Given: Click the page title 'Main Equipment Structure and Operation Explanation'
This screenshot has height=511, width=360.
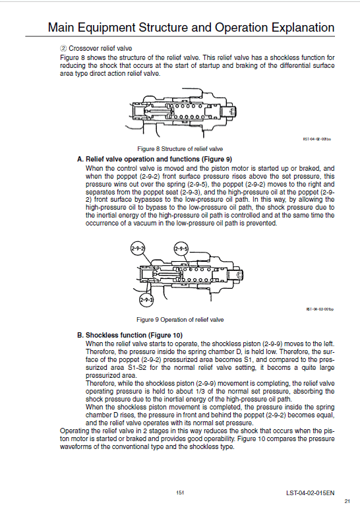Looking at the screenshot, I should [191, 28].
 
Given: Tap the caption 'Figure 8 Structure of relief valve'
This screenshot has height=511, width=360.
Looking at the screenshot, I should [179, 148].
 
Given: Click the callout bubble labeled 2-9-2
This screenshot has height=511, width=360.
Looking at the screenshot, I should [138, 249].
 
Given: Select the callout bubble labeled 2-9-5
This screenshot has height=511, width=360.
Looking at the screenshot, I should [181, 249].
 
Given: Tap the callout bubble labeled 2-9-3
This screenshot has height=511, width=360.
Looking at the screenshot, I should [146, 300].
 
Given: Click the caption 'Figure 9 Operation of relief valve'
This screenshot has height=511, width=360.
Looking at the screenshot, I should [179, 320].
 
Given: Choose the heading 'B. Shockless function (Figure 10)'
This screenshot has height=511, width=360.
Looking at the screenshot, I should [129, 335].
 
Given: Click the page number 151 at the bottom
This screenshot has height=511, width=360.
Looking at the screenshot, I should [179, 492].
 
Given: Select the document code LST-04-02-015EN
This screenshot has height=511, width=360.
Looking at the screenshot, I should [310, 492].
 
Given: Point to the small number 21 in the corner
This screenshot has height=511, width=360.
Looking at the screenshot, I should [347, 502].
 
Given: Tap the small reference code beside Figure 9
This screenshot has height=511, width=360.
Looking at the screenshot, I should [316, 309].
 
